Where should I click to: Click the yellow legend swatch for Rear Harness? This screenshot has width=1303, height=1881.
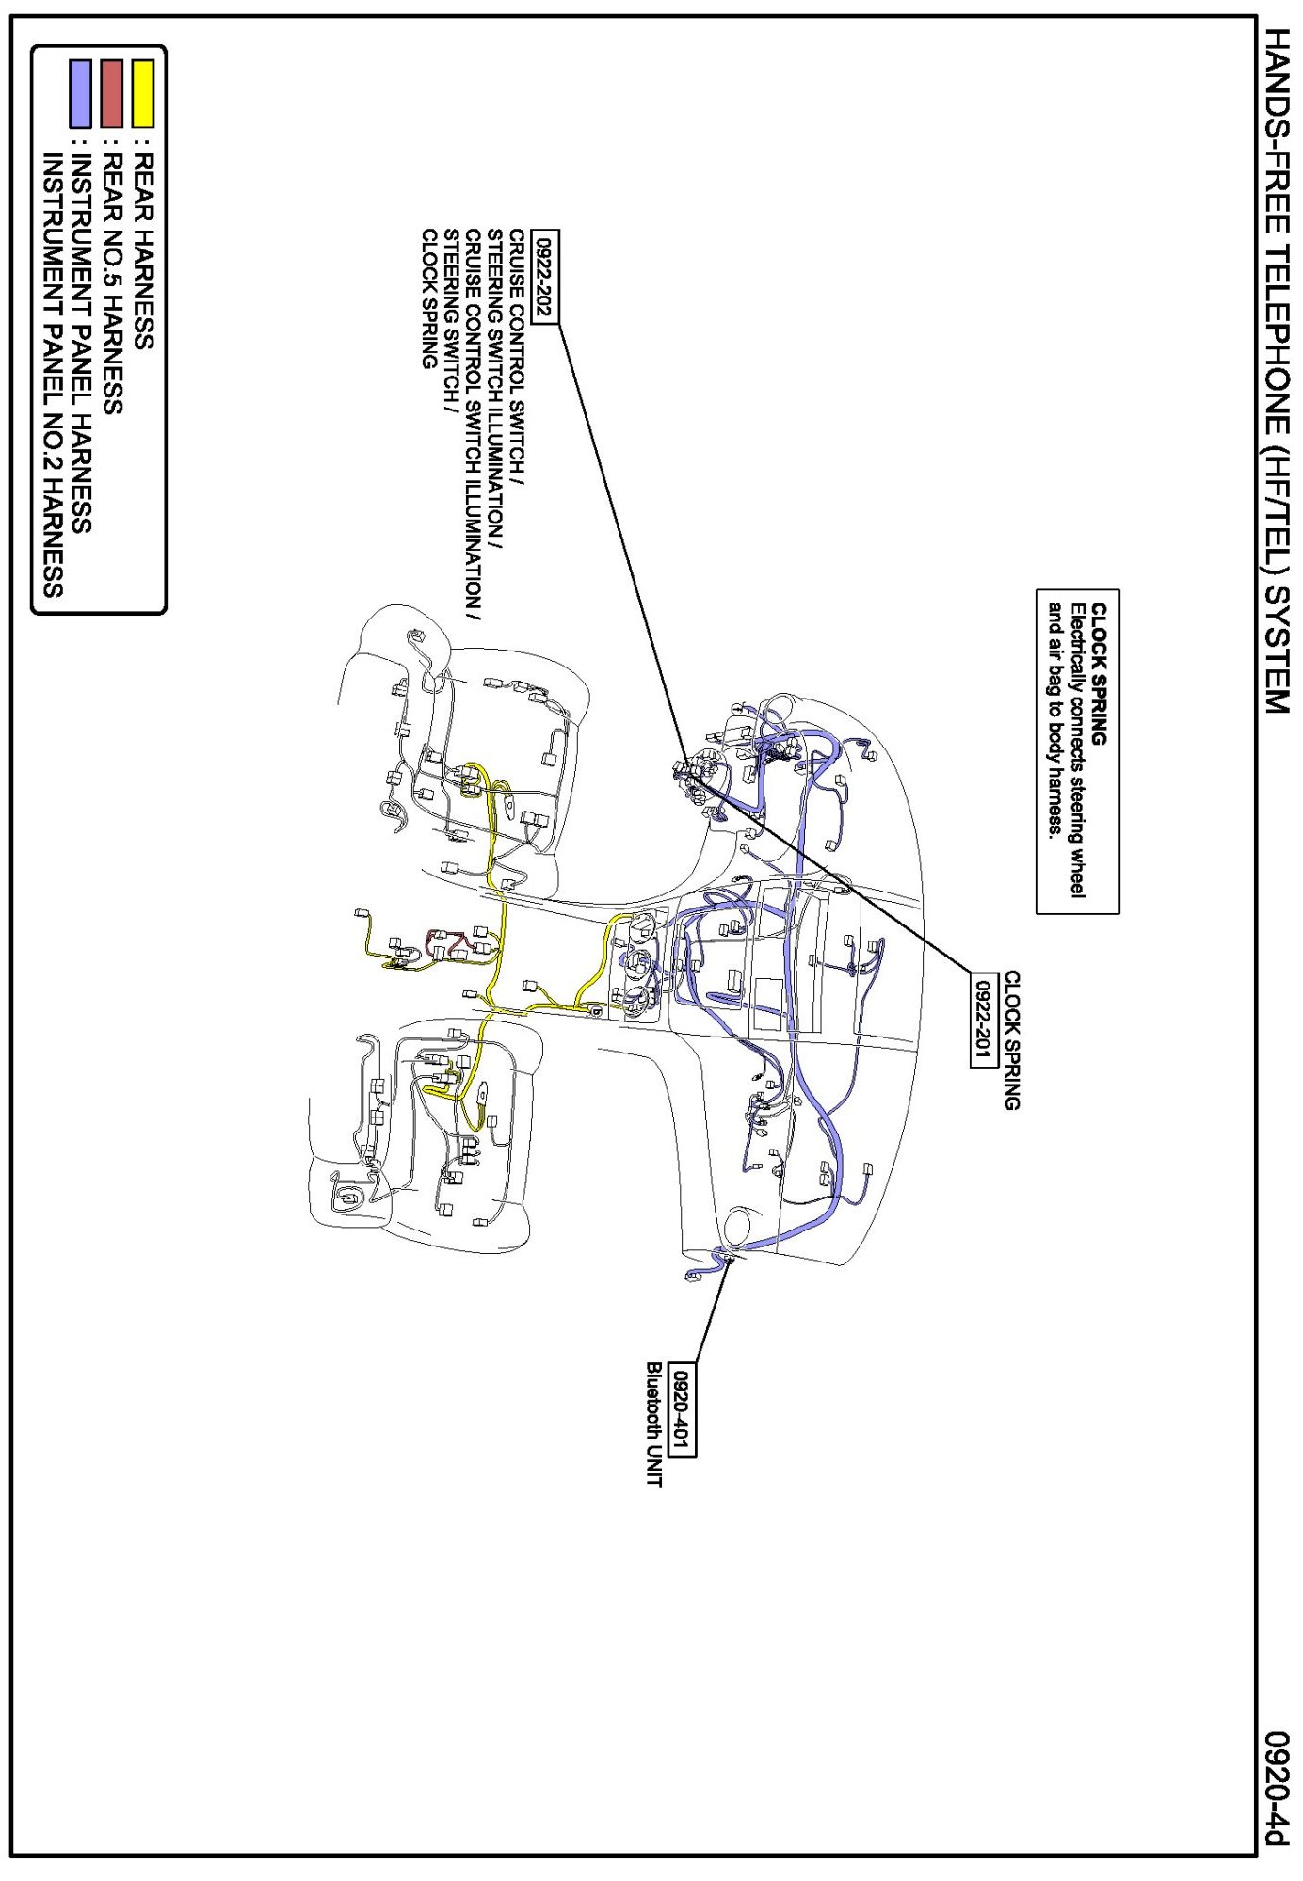[x=142, y=93]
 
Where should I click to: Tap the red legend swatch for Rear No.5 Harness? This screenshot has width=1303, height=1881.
[x=111, y=93]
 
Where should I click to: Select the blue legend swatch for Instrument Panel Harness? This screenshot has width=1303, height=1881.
[x=81, y=93]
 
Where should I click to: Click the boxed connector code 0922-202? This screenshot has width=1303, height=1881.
[x=544, y=277]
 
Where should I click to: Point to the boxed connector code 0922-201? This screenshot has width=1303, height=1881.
[x=983, y=1020]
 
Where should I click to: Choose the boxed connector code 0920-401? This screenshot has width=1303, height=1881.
[x=682, y=1408]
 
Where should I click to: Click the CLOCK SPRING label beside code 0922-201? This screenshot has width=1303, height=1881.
[x=1011, y=1040]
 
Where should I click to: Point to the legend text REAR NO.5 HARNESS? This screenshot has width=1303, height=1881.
[x=111, y=283]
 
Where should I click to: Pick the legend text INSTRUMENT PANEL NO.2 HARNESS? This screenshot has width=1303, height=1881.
[x=53, y=376]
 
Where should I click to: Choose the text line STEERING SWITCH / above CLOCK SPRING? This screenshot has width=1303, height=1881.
[x=450, y=321]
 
